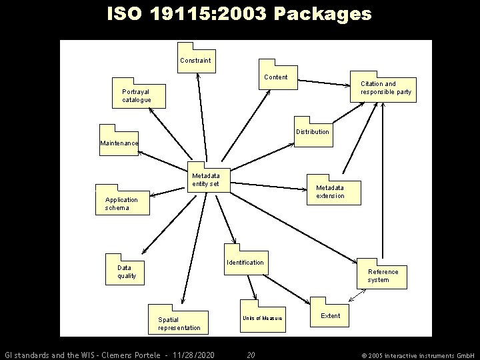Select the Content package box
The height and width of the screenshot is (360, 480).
pyautogui.click(x=276, y=77)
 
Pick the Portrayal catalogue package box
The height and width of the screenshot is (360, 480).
pyautogui.click(x=137, y=96)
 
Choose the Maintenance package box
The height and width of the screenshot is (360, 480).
pyautogui.click(x=119, y=142)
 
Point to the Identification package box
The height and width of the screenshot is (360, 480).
pyautogui.click(x=245, y=261)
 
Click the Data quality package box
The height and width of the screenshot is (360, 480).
pyautogui.click(x=127, y=271)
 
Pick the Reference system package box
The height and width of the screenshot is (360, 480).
pyautogui.click(x=383, y=275)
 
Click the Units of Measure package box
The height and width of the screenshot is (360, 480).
pyautogui.click(x=262, y=318)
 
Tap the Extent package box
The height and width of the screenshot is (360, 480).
pyautogui.click(x=330, y=315)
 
